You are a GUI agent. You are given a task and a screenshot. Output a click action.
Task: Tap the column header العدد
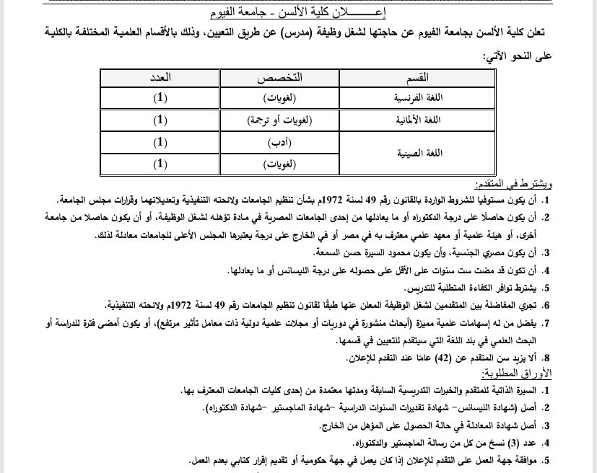pos(160,77)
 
